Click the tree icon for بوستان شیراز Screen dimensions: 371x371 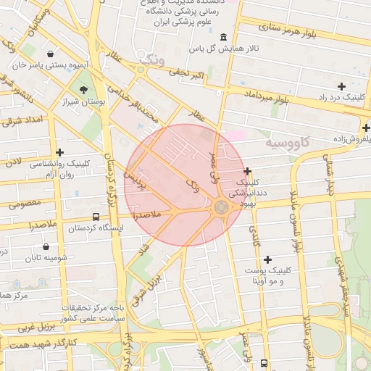pos(84,91)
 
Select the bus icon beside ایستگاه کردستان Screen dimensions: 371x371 pos(96,217)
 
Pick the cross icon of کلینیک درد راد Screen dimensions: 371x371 pos(341,86)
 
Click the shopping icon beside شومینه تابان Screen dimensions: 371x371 pos(48,246)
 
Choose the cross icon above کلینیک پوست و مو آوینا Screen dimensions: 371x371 pos(268,259)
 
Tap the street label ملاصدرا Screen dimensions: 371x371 pos(147,215)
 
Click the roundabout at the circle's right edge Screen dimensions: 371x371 pos(221,209)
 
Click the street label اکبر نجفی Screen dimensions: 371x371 pos(188,72)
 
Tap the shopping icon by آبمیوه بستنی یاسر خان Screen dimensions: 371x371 pos(49,54)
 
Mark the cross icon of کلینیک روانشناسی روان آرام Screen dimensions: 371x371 pos(59,152)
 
